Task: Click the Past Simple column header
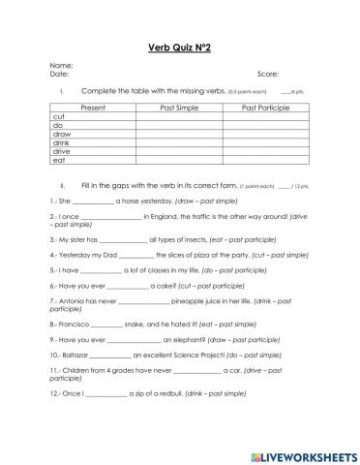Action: (x=182, y=107)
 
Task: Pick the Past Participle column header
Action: (x=264, y=107)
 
